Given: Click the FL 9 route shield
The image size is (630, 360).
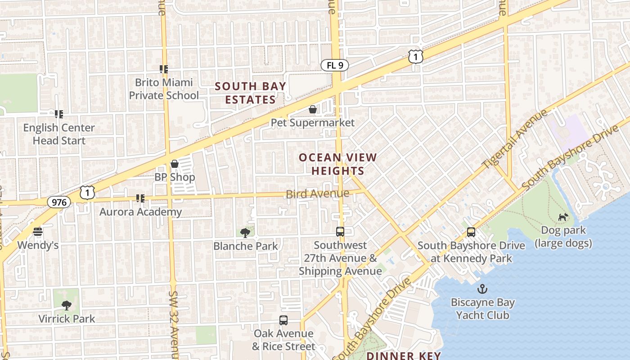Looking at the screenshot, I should click(335, 65).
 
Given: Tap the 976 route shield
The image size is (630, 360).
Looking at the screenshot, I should click(59, 202).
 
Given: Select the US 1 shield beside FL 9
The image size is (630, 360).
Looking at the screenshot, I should click(416, 57).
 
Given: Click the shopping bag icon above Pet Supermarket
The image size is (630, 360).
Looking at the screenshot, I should click(313, 109).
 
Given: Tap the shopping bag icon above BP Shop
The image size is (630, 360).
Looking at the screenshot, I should click(175, 164).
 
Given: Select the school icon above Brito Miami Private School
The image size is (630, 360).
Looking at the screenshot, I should click(164, 69).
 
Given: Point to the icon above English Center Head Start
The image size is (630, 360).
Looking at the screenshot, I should click(59, 114).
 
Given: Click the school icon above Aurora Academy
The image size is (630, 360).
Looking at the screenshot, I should click(140, 198).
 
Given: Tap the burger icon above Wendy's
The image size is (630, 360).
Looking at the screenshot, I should click(38, 232).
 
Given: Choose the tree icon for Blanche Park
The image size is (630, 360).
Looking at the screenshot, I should click(245, 233).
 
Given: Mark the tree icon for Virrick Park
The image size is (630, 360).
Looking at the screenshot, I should click(67, 306).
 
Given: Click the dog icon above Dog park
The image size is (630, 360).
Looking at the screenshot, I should click(563, 217).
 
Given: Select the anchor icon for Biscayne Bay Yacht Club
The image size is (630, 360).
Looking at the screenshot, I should click(482, 288).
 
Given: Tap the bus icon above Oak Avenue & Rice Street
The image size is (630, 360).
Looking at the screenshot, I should click(283, 320).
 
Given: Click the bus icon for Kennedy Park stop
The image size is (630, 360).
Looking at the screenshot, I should click(471, 232).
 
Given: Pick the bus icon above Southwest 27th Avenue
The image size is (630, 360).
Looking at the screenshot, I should click(340, 232).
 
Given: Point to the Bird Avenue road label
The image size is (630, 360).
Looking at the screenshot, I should click(318, 194).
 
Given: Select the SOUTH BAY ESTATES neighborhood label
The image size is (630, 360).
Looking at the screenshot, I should click(250, 93).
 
